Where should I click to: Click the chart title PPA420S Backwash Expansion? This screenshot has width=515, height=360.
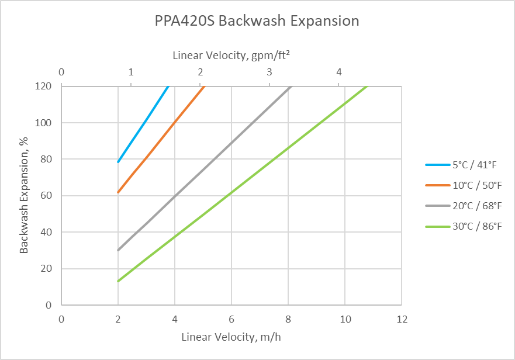[x=257, y=22]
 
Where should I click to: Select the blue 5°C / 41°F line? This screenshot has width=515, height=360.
[x=143, y=124]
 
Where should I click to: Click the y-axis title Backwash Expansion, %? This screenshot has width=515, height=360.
[x=24, y=195]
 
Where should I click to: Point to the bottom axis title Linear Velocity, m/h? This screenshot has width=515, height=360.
[x=232, y=337]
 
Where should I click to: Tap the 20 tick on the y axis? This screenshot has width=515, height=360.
[x=47, y=268]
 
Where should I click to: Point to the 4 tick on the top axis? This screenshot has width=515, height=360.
[x=339, y=72]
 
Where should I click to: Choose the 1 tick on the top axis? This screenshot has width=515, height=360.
[x=131, y=72]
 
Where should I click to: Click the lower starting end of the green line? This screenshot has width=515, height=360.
[x=118, y=281]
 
